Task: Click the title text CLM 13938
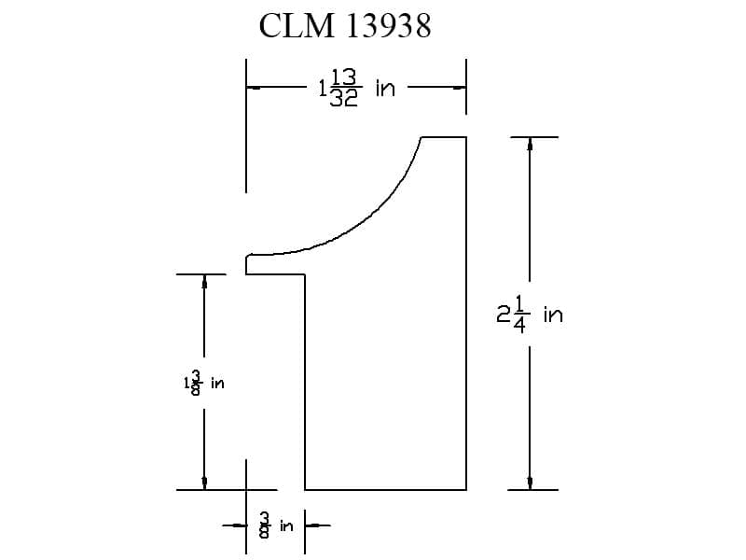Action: coord(345,26)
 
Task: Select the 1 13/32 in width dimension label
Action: coord(357,88)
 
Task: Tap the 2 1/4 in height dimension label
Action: coord(530,315)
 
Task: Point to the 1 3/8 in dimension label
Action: coord(203,383)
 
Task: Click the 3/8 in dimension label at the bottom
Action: coord(276,525)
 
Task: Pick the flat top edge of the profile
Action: coord(444,137)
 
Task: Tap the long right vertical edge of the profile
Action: coord(466,314)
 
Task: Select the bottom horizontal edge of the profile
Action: coord(385,489)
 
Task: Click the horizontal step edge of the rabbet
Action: coord(275,274)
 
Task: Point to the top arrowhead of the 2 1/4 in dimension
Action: coord(530,144)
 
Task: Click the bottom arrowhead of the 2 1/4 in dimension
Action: coord(530,483)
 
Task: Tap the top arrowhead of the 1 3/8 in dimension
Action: coord(204,281)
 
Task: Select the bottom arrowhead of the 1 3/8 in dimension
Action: coord(204,483)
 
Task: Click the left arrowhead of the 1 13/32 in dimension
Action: coord(253,88)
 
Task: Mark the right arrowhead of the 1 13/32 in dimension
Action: coord(460,88)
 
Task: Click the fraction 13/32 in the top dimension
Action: coord(344,88)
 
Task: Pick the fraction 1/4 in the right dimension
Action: coord(520,315)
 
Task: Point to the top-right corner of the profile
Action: coord(466,137)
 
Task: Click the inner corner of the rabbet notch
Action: coord(305,274)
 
